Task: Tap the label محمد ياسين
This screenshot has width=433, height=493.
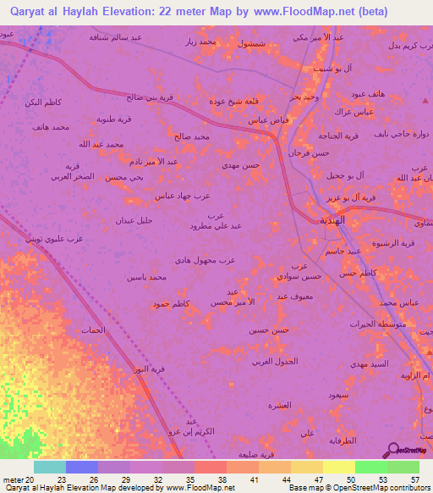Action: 145,277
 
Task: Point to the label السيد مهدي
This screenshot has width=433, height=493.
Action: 370,363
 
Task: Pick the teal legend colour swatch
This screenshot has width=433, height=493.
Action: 50,467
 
